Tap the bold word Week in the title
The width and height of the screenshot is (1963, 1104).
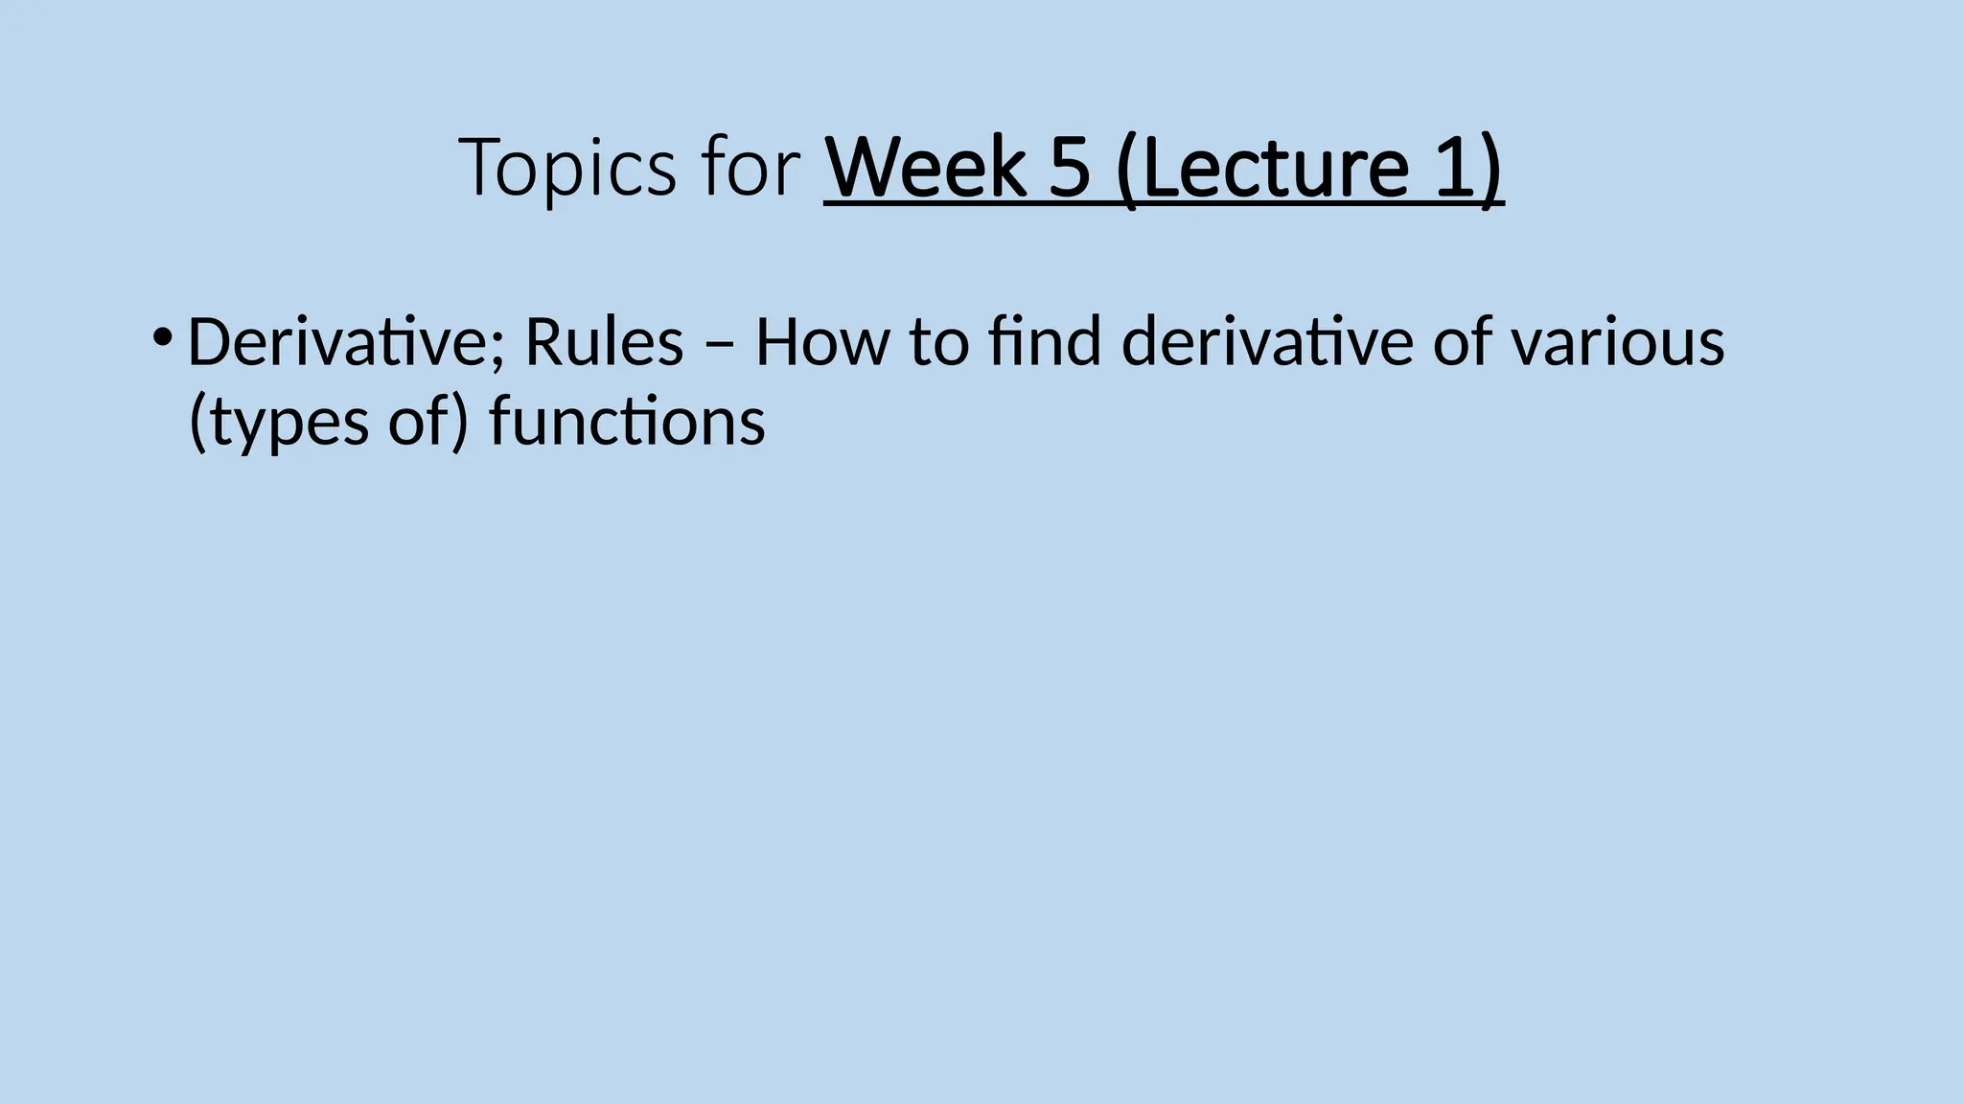(924, 169)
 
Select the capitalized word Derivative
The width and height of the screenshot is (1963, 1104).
(338, 342)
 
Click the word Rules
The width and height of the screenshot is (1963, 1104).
(604, 342)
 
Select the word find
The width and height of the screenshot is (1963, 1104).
(1046, 342)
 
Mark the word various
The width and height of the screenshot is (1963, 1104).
(1619, 342)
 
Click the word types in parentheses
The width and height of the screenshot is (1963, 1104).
(291, 424)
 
